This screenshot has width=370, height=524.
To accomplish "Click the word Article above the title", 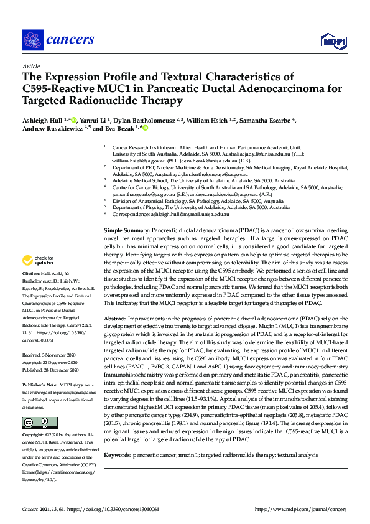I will [x=30, y=66].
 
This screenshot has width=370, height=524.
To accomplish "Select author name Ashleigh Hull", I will [x=43, y=119].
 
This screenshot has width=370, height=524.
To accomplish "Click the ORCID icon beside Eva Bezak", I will [x=146, y=128].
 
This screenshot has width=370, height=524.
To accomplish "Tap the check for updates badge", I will [x=37, y=278].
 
